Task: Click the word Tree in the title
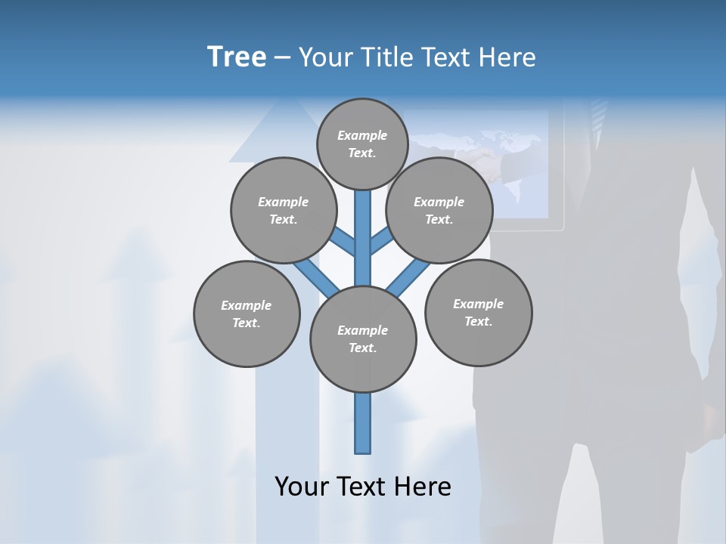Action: pos(237,57)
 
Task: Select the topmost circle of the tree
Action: pos(362,144)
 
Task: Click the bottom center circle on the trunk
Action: pos(363,339)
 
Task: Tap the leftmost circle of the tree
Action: pos(247,314)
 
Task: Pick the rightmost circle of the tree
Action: pos(478,312)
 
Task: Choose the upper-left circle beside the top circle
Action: pos(283,210)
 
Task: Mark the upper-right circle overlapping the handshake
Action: pos(439,210)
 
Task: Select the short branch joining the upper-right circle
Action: pos(381,243)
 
